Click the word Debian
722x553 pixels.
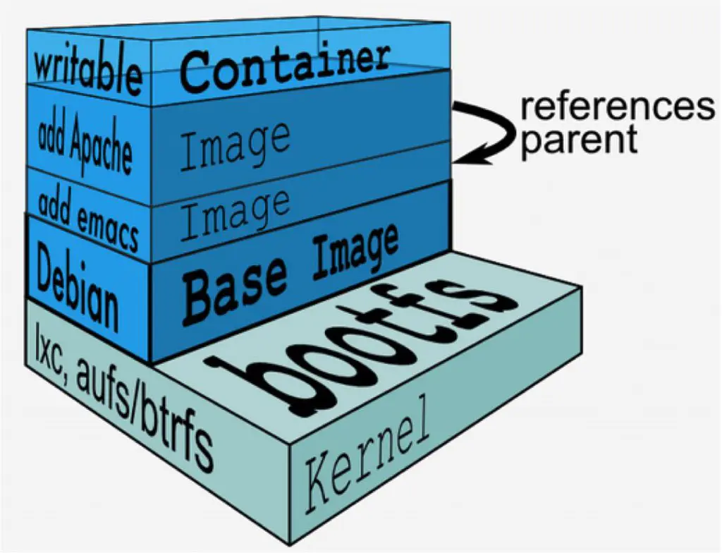[x=78, y=289]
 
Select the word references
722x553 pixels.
[x=617, y=108]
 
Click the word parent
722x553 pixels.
[x=579, y=139]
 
